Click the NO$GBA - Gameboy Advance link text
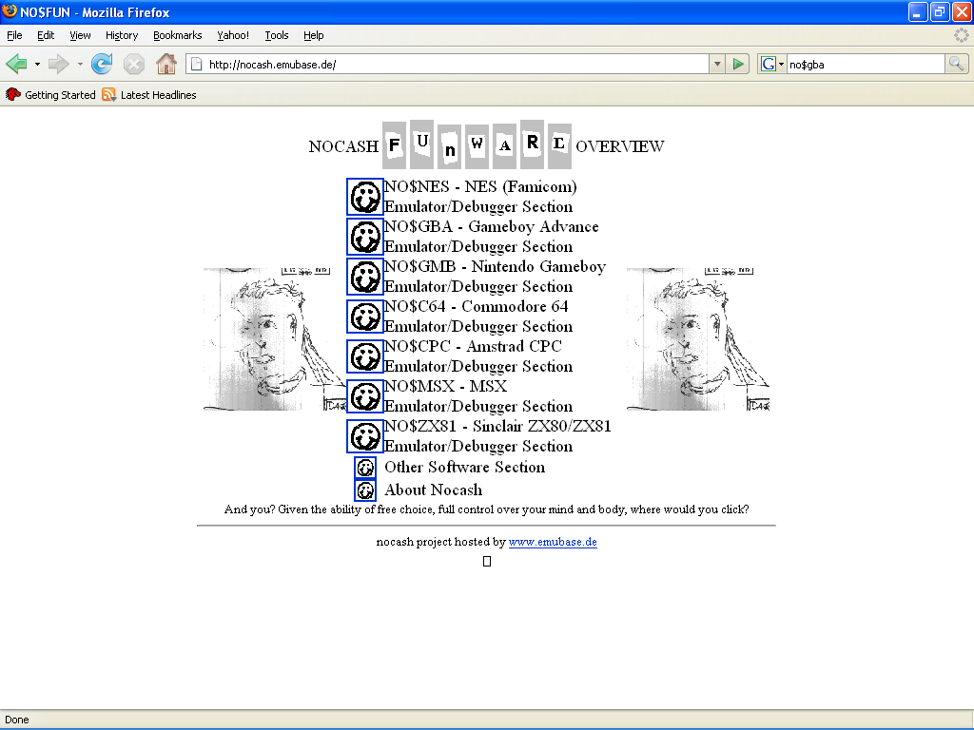[x=492, y=226]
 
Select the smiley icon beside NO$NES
[x=364, y=197]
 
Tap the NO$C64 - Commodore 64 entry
[x=477, y=307]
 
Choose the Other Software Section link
[x=464, y=467]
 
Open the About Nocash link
[x=433, y=490]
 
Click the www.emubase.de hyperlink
[x=553, y=542]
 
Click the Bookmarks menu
[x=178, y=35]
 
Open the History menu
[x=122, y=35]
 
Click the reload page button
[x=102, y=64]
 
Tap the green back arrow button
[x=16, y=64]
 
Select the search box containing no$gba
[x=866, y=64]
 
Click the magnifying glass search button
[x=956, y=64]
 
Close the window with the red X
[x=962, y=11]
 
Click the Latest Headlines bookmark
[x=149, y=95]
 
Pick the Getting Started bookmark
[x=51, y=95]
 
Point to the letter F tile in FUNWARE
[x=394, y=145]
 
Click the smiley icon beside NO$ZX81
[x=364, y=436]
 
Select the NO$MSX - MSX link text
[x=445, y=386]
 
